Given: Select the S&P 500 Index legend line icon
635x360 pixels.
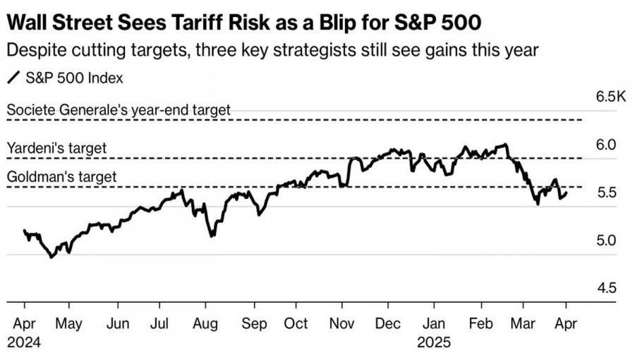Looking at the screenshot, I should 13,78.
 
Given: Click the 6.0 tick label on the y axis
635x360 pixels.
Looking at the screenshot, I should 606,145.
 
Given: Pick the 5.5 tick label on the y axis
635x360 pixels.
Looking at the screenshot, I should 606,193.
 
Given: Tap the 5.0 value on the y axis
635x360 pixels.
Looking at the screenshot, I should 606,241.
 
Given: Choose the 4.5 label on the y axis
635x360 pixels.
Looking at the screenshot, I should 606,288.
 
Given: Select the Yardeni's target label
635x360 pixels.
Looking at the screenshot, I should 56,148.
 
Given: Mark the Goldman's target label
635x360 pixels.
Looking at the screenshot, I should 61,177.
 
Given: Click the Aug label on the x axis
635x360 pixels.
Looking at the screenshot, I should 205,323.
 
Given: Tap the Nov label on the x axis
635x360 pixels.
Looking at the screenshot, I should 342,323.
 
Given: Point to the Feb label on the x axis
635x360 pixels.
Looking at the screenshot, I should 481,323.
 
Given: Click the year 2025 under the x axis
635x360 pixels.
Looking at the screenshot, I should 434,342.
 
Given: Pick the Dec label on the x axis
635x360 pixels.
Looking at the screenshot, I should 387,323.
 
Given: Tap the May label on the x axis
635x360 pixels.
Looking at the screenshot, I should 69,323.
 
